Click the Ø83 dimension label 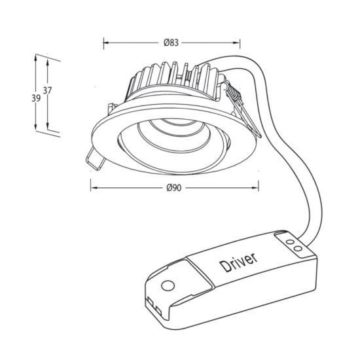pos(171,43)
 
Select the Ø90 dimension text pos(173,188)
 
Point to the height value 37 pos(48,92)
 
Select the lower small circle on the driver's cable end pos(298,249)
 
